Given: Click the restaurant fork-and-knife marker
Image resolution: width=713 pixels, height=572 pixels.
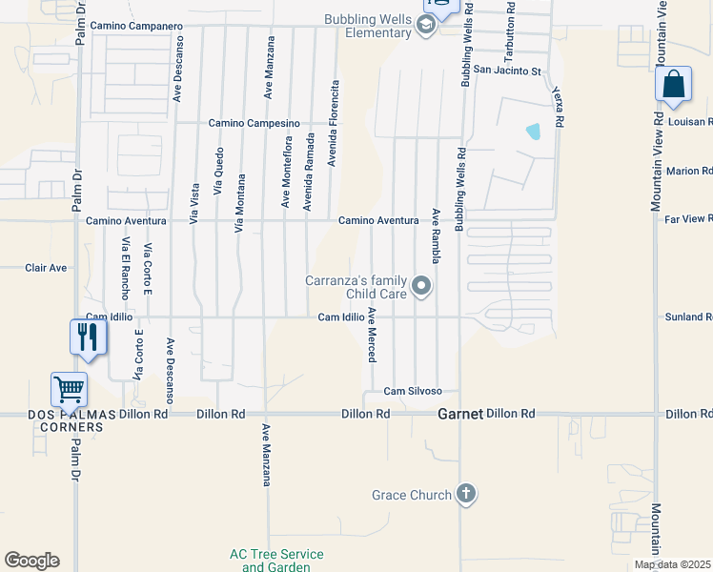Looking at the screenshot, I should click(88, 337).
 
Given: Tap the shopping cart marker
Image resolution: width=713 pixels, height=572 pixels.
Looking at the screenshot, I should click(70, 390).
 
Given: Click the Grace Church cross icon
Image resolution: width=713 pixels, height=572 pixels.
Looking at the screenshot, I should click(465, 494).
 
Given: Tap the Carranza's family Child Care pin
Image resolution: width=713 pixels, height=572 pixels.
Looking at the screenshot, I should click(421, 286).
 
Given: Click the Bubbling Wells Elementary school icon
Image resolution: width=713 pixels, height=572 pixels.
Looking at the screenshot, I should click(426, 26).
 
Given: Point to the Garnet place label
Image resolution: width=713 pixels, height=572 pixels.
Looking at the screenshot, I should click(460, 415).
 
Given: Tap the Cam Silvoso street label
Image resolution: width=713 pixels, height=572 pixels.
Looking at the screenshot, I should click(413, 391).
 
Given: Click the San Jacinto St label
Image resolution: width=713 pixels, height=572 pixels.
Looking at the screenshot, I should click(507, 71).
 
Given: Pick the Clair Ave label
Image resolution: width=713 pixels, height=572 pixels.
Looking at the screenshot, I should click(46, 268).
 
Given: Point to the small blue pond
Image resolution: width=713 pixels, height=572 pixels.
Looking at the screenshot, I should click(533, 132).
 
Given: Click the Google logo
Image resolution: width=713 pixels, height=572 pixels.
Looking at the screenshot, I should click(31, 561).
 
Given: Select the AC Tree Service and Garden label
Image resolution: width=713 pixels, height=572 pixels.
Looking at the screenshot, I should click(276, 561).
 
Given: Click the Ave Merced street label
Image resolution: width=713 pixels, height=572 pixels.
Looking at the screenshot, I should click(373, 335).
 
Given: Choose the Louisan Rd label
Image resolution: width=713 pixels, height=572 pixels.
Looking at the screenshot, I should click(689, 122).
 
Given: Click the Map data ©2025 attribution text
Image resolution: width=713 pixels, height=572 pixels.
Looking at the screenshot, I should click(672, 564).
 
